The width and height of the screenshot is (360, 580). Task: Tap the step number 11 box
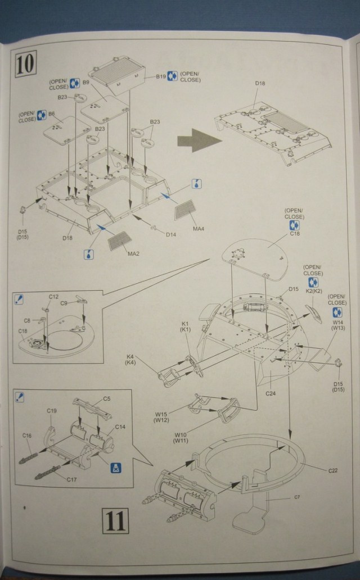(115, 522)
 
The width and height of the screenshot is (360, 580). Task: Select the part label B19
(161, 76)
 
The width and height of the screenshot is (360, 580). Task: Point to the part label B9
(86, 83)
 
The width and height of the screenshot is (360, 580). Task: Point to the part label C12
(53, 297)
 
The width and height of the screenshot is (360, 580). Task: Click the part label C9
(64, 303)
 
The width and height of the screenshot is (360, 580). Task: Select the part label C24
(271, 393)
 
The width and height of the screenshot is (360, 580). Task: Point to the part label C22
(332, 470)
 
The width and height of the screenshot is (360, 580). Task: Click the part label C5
(107, 399)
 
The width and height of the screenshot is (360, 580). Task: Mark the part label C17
(71, 479)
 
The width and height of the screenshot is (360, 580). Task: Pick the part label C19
(52, 411)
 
